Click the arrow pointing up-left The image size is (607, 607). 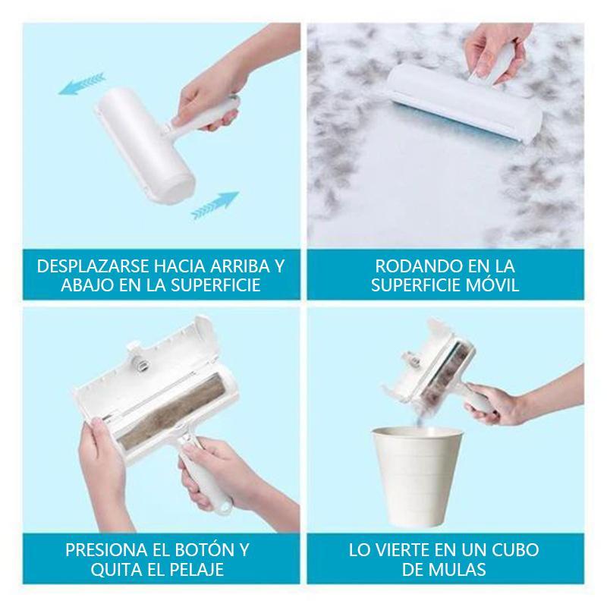tap(82, 84)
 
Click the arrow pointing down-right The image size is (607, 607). tap(215, 205)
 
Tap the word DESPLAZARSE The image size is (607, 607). tap(93, 266)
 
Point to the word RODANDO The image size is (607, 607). tap(414, 266)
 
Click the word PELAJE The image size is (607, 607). tap(198, 570)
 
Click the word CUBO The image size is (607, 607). tap(514, 550)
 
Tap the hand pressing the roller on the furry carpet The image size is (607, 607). tap(494, 53)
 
